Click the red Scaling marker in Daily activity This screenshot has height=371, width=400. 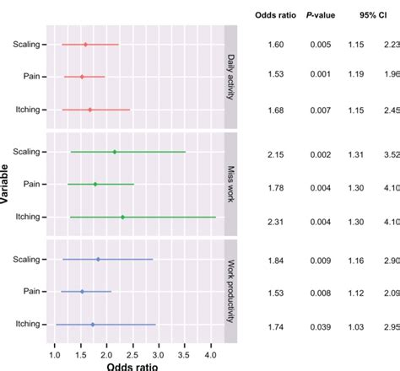pyautogui.click(x=85, y=45)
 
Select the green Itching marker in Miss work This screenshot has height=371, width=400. pyautogui.click(x=122, y=217)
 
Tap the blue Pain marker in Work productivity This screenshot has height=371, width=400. pyautogui.click(x=82, y=292)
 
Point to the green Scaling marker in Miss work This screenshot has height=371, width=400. pyautogui.click(x=114, y=152)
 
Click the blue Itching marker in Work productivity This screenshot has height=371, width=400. pyautogui.click(x=93, y=324)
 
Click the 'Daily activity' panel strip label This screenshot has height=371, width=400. pyautogui.click(x=230, y=77)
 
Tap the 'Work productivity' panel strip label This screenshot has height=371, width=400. pyautogui.click(x=230, y=292)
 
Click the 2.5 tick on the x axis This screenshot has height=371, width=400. pyautogui.click(x=132, y=354)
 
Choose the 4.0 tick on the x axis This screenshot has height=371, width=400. pyautogui.click(x=210, y=354)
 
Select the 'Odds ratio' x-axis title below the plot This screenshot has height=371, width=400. pyautogui.click(x=132, y=366)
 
